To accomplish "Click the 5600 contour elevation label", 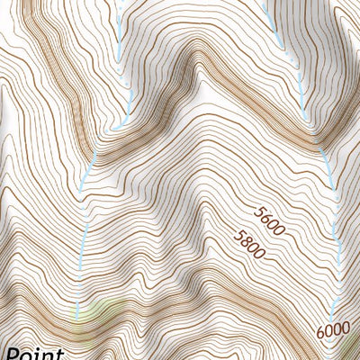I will point(269,221).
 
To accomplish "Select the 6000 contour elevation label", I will point(332,330).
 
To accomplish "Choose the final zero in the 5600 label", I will point(279,231).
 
